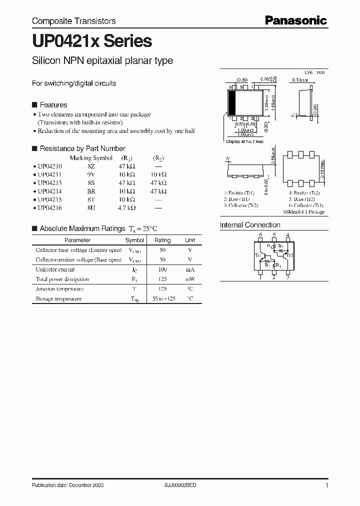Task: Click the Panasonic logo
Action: point(295,20)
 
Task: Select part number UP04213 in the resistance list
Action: point(49,183)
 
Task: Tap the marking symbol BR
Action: point(91,191)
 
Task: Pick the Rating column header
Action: point(162,240)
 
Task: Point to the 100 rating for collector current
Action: point(162,269)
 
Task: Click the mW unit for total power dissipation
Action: point(190,279)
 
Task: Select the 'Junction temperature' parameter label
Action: point(59,289)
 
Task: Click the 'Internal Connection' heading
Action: point(250,225)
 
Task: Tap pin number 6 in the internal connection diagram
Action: point(260,234)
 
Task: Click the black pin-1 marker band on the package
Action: point(231,102)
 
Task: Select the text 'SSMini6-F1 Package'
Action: point(303,212)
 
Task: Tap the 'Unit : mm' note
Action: point(314,72)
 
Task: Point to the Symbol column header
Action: point(134,240)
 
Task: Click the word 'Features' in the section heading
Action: point(53,105)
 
